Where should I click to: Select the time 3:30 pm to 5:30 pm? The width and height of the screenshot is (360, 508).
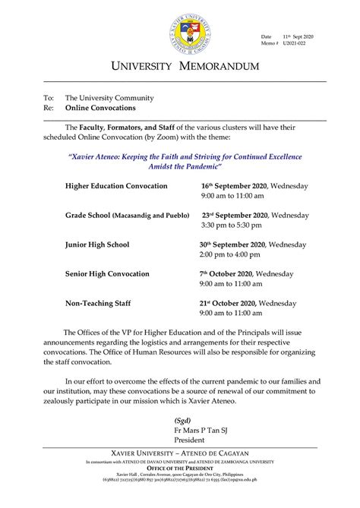(232, 226)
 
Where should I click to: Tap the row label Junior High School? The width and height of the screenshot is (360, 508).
(97, 245)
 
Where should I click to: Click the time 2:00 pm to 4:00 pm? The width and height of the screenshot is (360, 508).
(232, 255)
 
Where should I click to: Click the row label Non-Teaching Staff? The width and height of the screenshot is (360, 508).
(98, 303)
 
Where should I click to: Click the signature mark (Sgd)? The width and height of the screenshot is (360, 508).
(182, 420)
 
